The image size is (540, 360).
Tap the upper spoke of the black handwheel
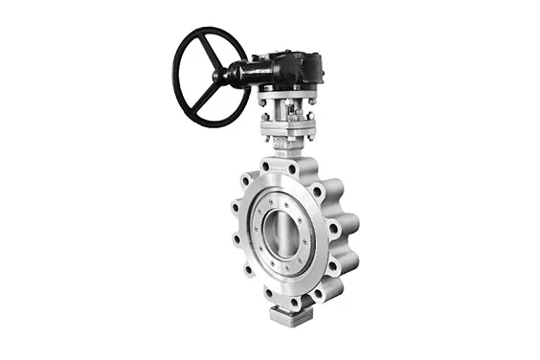click(x=205, y=50)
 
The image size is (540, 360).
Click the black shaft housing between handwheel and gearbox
click(x=241, y=73)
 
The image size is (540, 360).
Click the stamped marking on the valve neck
click(x=281, y=146)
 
